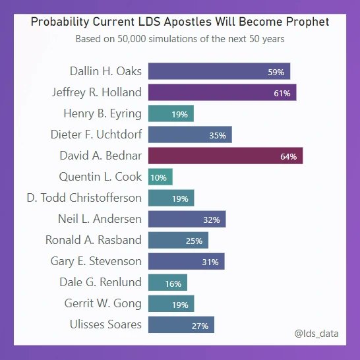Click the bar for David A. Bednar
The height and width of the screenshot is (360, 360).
tap(225, 156)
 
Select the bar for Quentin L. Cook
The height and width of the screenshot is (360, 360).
tap(160, 177)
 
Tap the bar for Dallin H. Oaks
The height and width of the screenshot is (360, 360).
tap(219, 71)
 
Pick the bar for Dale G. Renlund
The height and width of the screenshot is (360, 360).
tap(167, 282)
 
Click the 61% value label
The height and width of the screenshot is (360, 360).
tap(282, 93)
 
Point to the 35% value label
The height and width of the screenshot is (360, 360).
tap(218, 135)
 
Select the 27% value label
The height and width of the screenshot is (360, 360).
tap(200, 325)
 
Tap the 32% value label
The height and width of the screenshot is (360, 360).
tap(212, 220)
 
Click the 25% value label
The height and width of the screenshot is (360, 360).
tap(194, 241)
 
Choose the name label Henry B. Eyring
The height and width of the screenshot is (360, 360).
tap(102, 113)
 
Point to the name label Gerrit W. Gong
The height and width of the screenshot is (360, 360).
tap(103, 303)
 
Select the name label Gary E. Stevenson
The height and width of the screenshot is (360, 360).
tap(96, 261)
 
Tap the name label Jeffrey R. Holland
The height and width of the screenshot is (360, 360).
tap(96, 92)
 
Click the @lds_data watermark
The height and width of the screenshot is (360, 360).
tap(316, 334)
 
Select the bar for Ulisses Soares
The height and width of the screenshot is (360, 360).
tap(181, 324)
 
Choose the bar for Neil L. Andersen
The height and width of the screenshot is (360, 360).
tap(187, 219)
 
